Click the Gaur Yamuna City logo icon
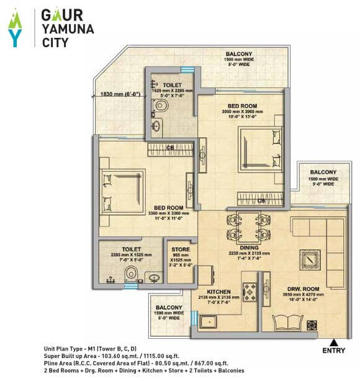(16, 28)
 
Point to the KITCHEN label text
(220, 291)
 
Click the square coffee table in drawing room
(309, 259)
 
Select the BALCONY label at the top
(239, 55)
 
